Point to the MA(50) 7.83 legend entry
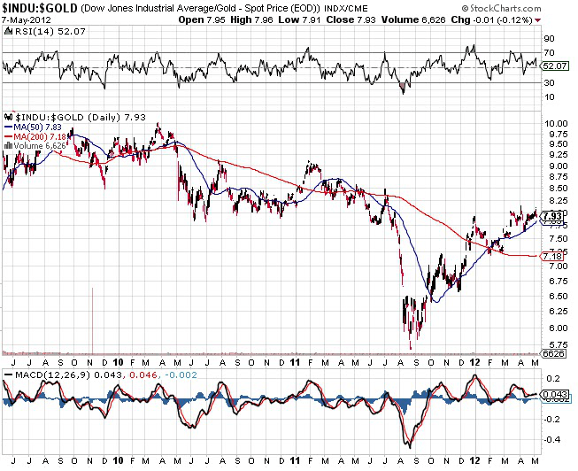coord(35,125)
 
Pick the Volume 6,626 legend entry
coord(37,144)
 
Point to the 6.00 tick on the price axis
coord(554,327)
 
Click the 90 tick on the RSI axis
coord(549,39)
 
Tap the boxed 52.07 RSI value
coord(554,66)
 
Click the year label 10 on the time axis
coord(118,362)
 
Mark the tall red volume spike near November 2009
coord(92,319)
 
